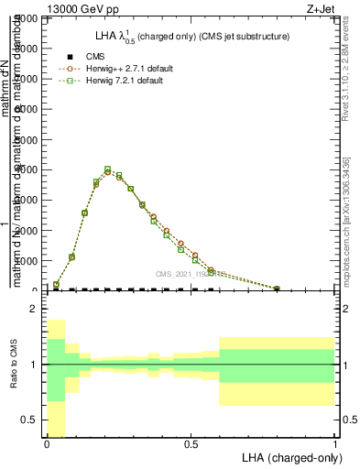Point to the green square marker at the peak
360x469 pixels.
pyautogui.click(x=108, y=169)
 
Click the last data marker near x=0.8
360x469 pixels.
pyautogui.click(x=277, y=289)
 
